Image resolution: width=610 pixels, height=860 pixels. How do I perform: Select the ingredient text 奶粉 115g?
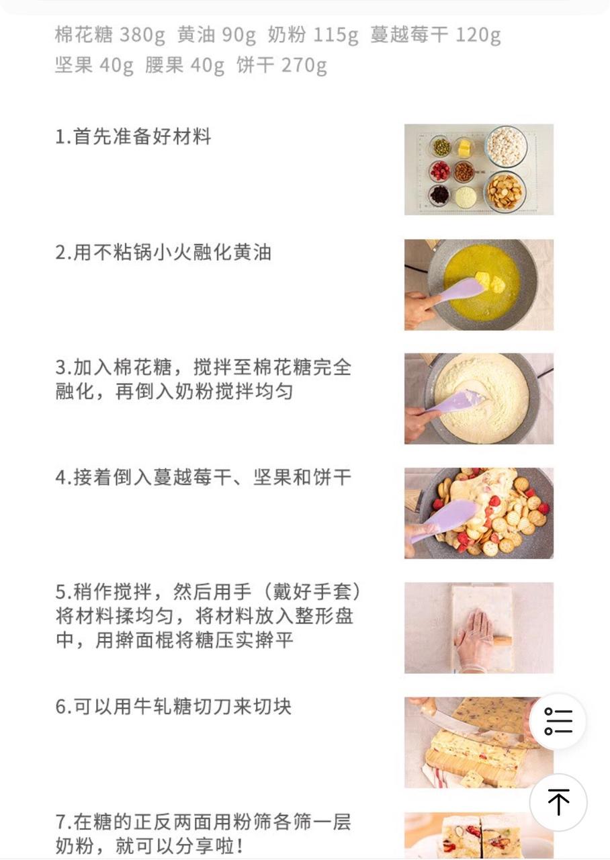pyautogui.click(x=312, y=35)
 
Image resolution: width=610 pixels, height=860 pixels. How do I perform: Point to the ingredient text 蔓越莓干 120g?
pyautogui.click(x=435, y=35)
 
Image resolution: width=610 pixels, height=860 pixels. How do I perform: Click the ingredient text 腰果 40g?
pyautogui.click(x=185, y=66)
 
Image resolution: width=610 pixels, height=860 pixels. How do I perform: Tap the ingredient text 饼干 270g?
pyautogui.click(x=281, y=66)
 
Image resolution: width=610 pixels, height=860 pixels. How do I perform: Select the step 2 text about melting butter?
pyautogui.click(x=163, y=253)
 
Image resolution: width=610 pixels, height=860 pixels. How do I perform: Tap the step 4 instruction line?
pyautogui.click(x=203, y=478)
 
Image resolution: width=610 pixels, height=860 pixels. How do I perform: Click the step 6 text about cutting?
pyautogui.click(x=173, y=707)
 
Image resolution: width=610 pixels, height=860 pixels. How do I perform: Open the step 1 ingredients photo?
pyautogui.click(x=478, y=169)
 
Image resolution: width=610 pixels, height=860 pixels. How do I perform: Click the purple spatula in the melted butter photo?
pyautogui.click(x=457, y=291)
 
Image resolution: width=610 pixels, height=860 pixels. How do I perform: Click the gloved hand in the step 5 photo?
pyautogui.click(x=474, y=638)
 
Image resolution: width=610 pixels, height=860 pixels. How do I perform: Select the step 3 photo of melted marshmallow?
pyautogui.click(x=478, y=398)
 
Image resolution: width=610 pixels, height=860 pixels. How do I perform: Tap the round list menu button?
pyautogui.click(x=558, y=722)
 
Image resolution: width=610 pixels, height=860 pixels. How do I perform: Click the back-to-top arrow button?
pyautogui.click(x=558, y=802)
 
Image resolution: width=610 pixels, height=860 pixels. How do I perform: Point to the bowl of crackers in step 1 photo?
pyautogui.click(x=505, y=191)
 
